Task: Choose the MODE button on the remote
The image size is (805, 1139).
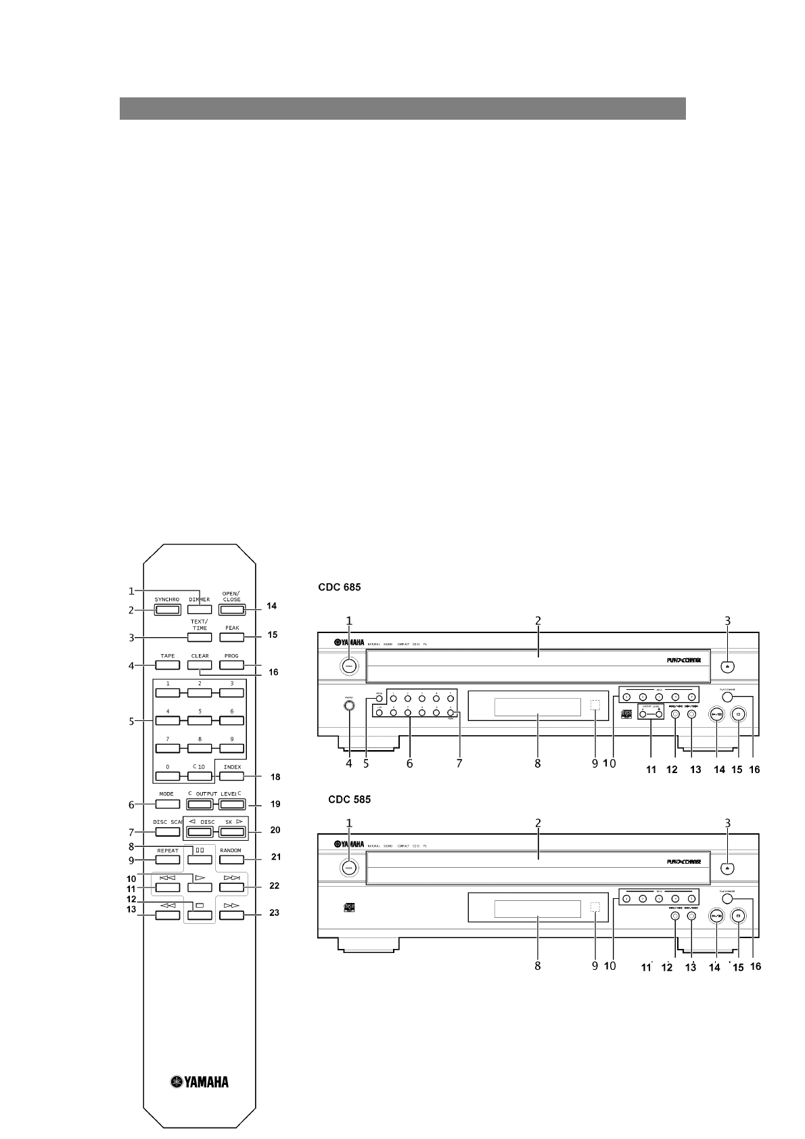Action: click(167, 804)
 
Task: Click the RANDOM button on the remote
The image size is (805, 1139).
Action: click(231, 860)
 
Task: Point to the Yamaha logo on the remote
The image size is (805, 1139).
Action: click(200, 1082)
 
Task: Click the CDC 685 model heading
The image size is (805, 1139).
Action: click(340, 588)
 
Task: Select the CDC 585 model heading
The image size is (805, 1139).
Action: click(349, 799)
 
